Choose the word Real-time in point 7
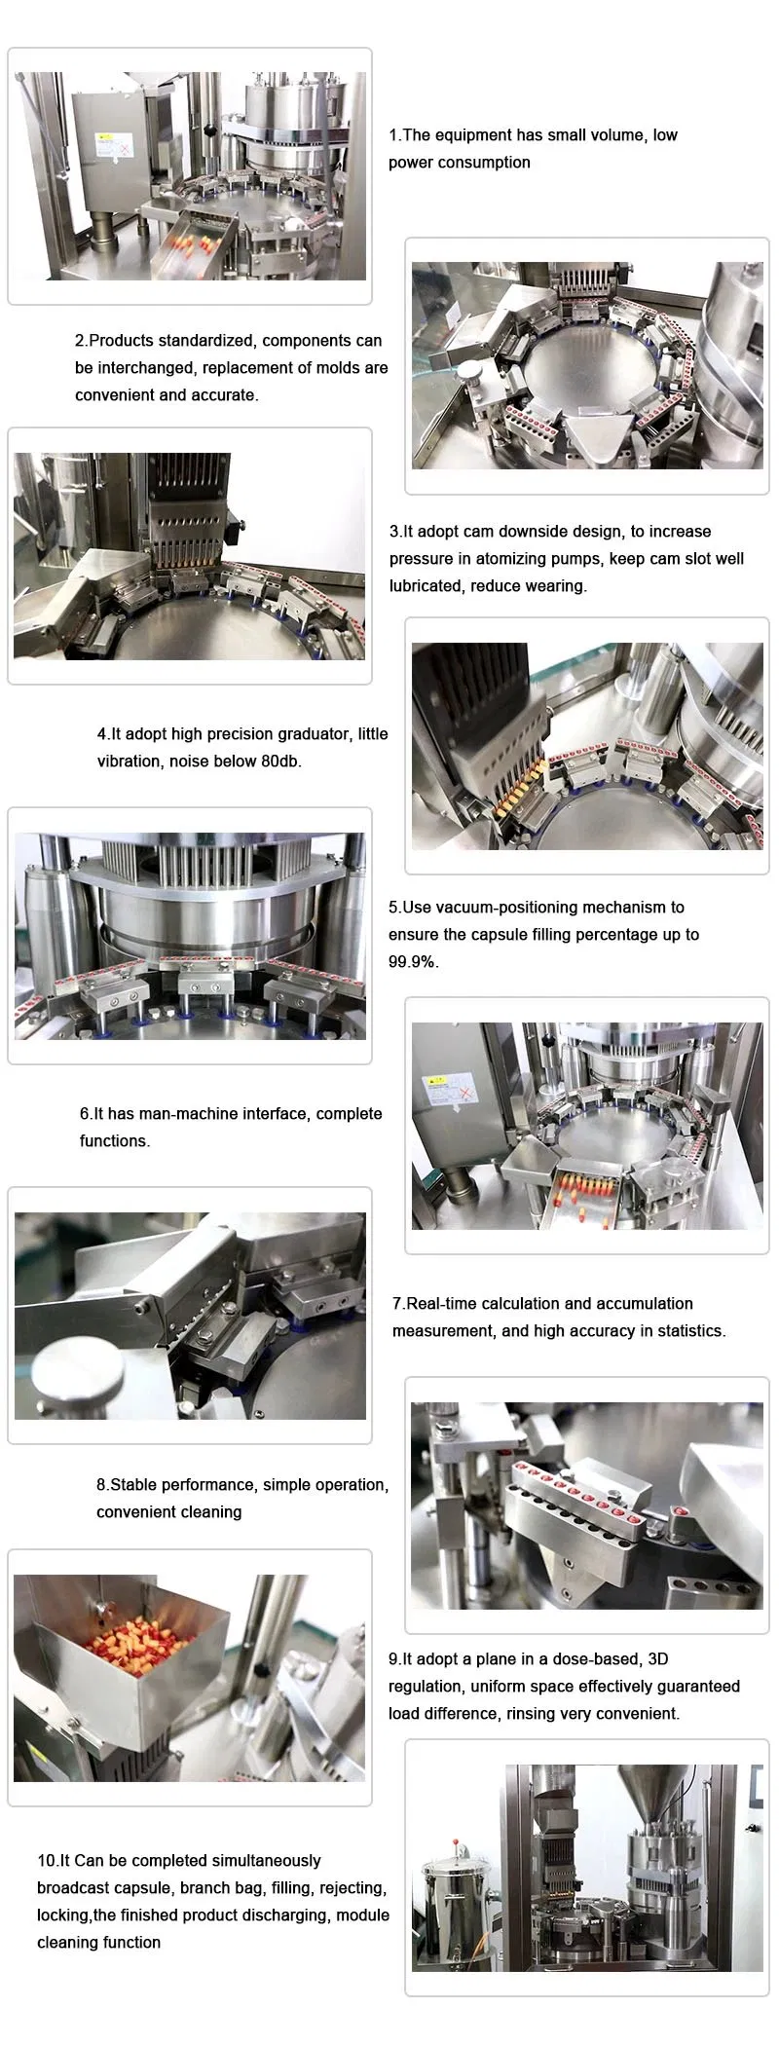440,1303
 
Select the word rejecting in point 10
355,1887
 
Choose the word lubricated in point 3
426,585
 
